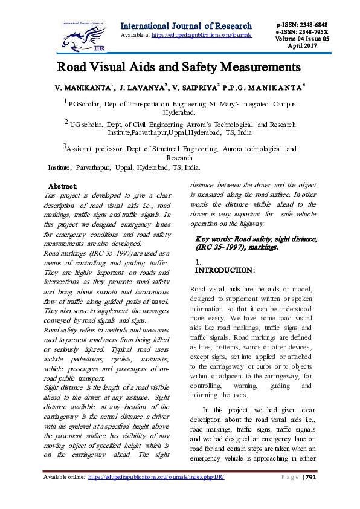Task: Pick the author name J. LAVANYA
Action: tap(143, 88)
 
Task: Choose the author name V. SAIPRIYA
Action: tap(196, 88)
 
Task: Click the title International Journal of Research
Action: tap(186, 26)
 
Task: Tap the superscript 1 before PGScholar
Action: tap(66, 103)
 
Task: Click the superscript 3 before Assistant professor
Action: tap(65, 145)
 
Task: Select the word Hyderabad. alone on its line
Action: tap(179, 112)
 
